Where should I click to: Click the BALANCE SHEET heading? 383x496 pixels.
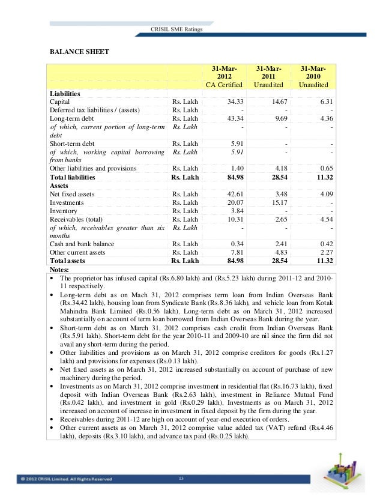tap(79, 52)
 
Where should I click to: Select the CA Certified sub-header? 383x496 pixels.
tap(223, 86)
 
